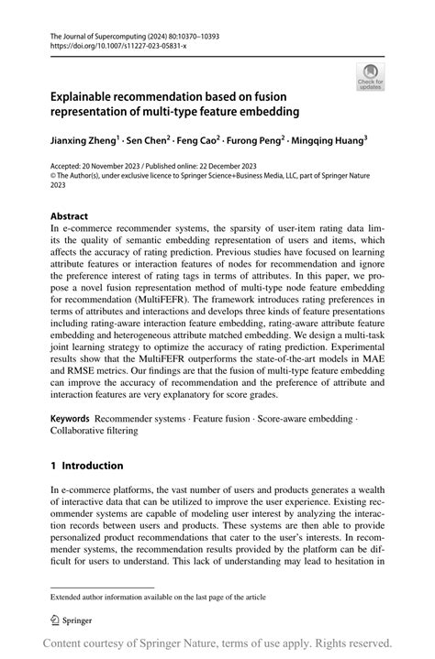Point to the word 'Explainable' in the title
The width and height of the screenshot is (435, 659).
point(88,95)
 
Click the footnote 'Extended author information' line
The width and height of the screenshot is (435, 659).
point(158,597)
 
